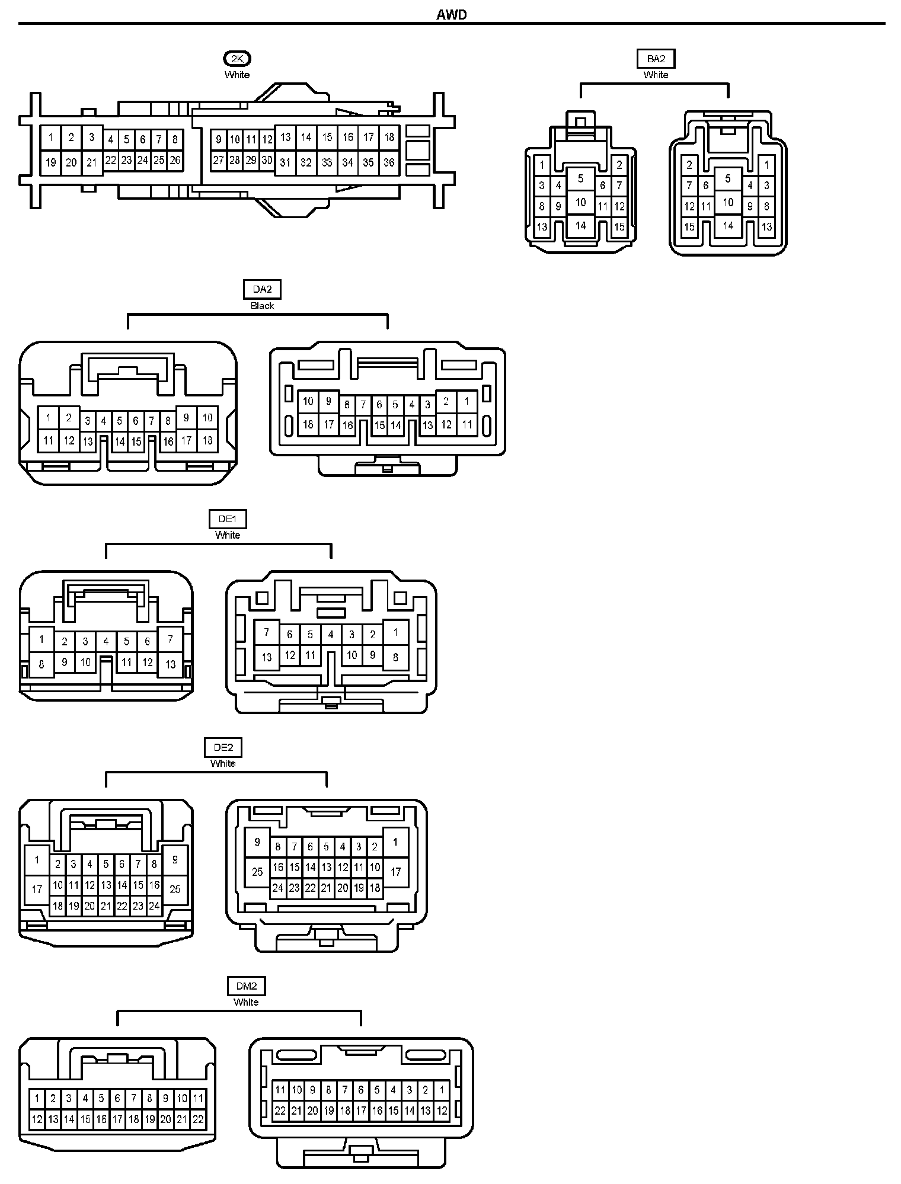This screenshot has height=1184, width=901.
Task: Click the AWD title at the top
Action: (452, 15)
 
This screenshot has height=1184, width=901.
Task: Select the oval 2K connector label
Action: (237, 59)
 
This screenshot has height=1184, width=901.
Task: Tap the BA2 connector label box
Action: (656, 59)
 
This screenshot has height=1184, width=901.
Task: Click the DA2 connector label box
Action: (262, 289)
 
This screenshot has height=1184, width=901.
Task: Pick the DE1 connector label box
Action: (228, 519)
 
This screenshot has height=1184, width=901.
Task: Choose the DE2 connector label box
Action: (223, 747)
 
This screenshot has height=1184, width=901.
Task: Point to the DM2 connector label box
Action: (246, 986)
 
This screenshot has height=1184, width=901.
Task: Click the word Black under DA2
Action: (262, 306)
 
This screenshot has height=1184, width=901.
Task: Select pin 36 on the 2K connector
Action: (389, 162)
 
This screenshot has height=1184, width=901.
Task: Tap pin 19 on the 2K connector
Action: (51, 162)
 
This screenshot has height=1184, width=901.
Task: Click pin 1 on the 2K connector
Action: (51, 138)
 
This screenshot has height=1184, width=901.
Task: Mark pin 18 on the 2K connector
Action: (389, 137)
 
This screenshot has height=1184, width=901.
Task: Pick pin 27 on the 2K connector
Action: (219, 160)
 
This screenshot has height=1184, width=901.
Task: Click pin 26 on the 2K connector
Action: (175, 160)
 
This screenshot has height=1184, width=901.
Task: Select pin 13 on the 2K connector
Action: (286, 137)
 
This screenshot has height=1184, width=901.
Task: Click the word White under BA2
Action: (656, 75)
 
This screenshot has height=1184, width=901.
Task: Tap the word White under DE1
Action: (228, 535)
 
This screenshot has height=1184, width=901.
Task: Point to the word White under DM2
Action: (246, 1002)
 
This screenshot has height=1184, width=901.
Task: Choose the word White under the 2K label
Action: (237, 75)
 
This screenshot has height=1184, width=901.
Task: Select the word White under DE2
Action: (223, 763)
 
